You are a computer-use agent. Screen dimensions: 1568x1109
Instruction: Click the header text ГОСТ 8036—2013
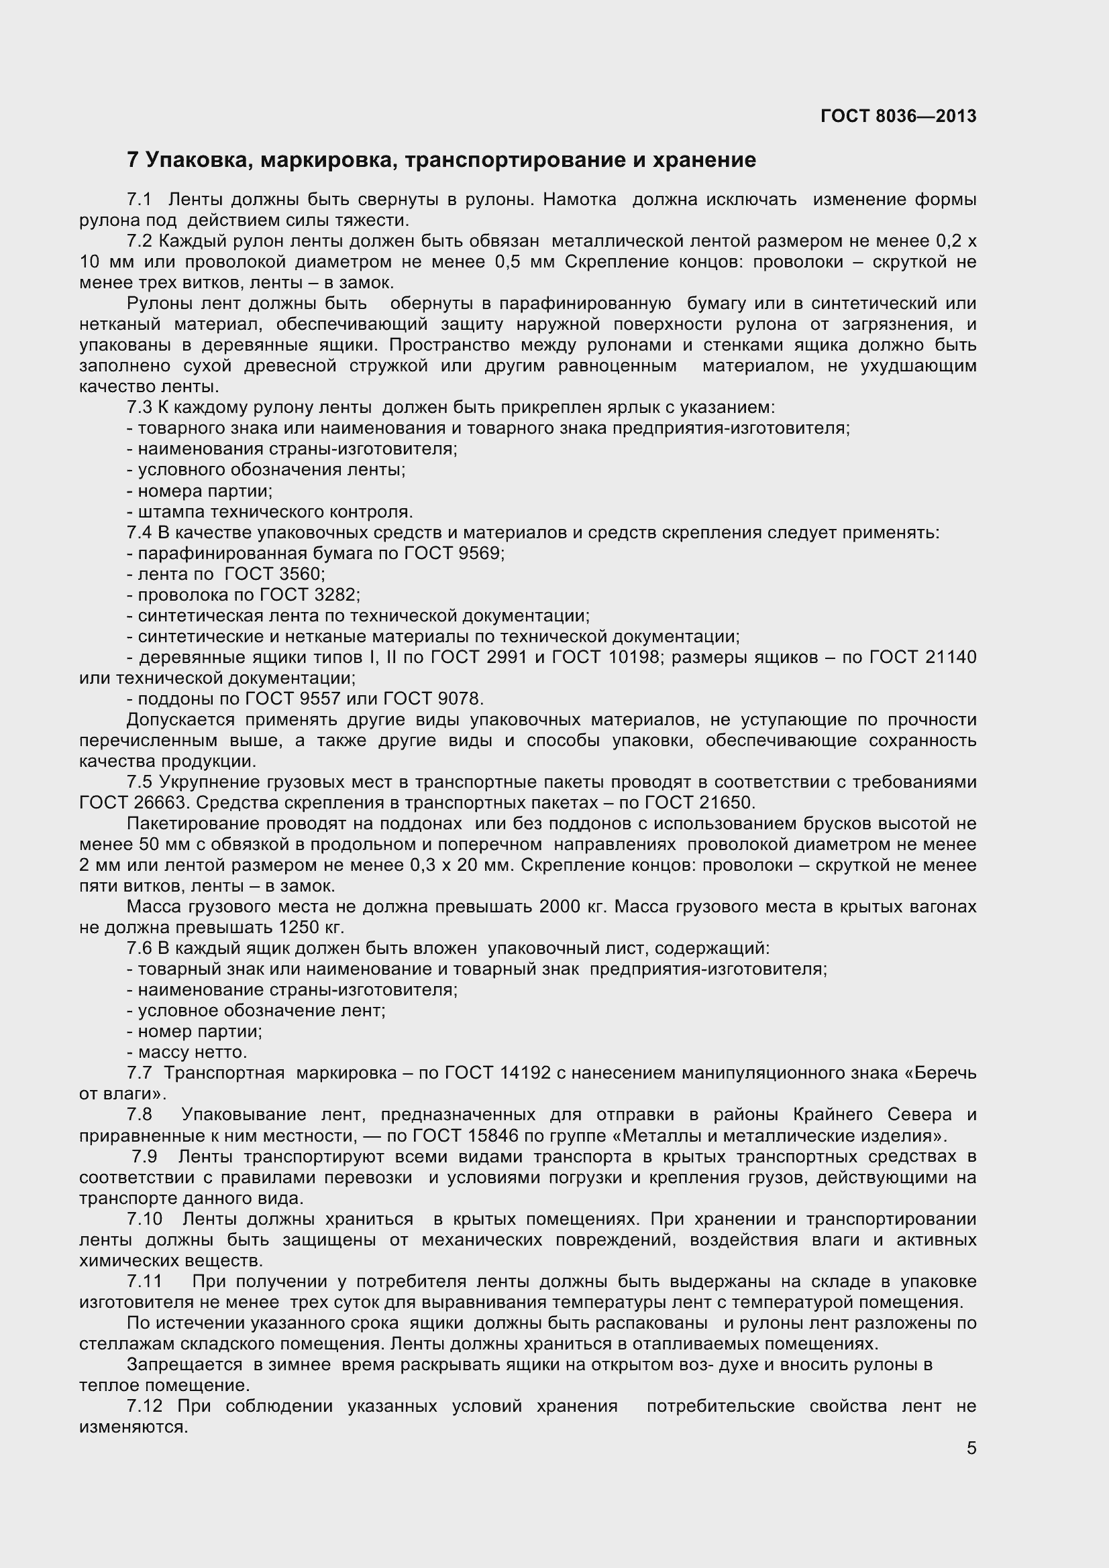coord(898,116)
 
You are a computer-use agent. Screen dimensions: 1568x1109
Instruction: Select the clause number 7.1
coord(139,200)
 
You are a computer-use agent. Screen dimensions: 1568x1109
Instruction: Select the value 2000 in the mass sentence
coord(562,906)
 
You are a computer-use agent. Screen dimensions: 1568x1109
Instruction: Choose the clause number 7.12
coord(145,1406)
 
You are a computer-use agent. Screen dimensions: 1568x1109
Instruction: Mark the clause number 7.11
coord(144,1281)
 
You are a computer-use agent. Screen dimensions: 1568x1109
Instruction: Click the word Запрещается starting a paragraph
coord(184,1364)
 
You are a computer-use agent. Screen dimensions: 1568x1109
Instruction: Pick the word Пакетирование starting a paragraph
coord(194,824)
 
